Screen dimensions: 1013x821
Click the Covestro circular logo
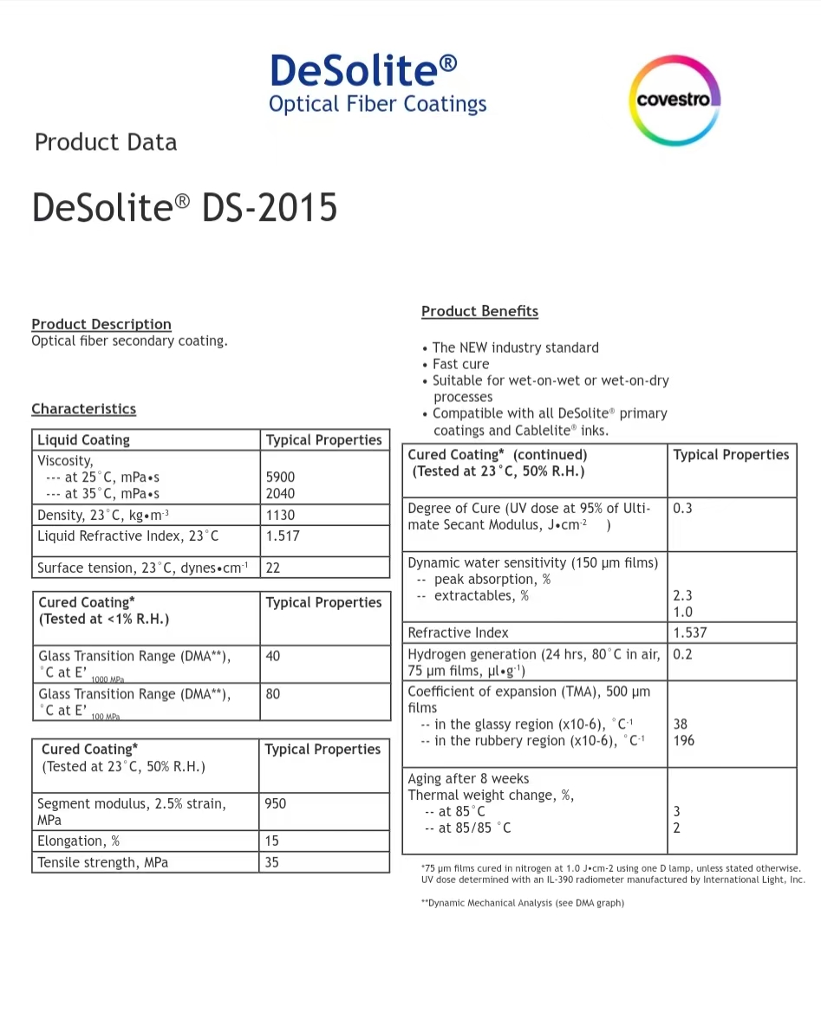[674, 100]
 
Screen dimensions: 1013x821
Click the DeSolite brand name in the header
[363, 70]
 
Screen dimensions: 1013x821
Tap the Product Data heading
[106, 142]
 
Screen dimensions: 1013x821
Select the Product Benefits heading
[479, 311]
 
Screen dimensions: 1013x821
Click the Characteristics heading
[83, 408]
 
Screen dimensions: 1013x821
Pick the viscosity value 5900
[280, 477]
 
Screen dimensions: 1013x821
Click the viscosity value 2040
[280, 493]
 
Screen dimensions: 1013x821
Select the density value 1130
[280, 515]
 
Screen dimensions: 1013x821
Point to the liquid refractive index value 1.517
[283, 536]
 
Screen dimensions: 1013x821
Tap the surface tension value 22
[273, 568]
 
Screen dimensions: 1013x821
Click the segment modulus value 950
[276, 803]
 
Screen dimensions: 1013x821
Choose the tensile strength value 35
[272, 862]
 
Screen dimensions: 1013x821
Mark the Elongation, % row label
[78, 841]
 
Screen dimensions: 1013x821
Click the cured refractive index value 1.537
[690, 633]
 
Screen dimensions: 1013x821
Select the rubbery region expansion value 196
[683, 741]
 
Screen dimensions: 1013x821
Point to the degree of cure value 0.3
[682, 509]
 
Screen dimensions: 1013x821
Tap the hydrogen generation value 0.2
[682, 654]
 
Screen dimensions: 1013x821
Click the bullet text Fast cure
[460, 364]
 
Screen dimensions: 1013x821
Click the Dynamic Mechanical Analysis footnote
[523, 903]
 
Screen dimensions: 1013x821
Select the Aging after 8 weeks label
[468, 778]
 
